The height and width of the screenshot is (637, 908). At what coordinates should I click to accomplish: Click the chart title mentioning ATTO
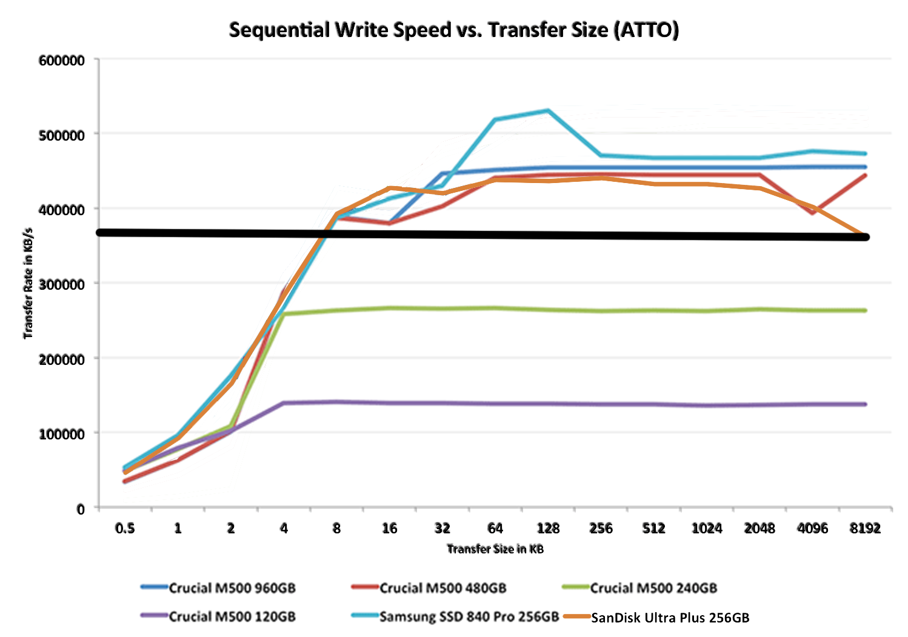tap(453, 29)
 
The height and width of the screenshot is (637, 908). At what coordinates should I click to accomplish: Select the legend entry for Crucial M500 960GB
tap(232, 588)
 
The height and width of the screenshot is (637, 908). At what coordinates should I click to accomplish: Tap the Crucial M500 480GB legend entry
tap(442, 588)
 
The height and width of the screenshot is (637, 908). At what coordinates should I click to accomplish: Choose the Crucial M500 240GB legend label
tap(653, 588)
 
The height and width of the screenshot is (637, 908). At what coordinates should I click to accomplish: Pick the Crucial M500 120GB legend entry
tap(232, 617)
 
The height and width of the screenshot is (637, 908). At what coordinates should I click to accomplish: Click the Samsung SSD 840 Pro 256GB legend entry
tap(469, 617)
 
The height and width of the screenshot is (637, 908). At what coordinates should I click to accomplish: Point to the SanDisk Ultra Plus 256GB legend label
tap(670, 618)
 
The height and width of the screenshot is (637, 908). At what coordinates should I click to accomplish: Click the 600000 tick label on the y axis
tap(61, 61)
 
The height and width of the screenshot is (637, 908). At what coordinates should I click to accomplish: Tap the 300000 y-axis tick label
tap(61, 284)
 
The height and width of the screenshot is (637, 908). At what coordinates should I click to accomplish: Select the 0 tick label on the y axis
tap(81, 509)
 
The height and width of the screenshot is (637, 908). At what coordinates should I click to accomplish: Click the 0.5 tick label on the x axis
tap(125, 529)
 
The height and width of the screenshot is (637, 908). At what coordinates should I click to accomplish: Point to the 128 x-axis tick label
tap(548, 529)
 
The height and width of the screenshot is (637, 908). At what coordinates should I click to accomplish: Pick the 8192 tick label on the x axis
tap(865, 529)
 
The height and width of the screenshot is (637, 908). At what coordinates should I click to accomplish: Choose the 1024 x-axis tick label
tap(707, 529)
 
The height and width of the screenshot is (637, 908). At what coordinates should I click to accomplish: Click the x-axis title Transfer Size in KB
tap(495, 549)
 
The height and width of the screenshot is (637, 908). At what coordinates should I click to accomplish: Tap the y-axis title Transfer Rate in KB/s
tap(28, 284)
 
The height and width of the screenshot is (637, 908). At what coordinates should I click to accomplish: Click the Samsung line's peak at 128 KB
tap(548, 110)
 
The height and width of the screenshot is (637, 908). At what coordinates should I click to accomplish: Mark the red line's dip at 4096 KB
tap(812, 213)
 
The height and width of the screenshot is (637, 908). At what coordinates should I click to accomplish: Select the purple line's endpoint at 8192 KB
tap(865, 404)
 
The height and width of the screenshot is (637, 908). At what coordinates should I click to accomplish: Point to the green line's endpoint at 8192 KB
tap(865, 310)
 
